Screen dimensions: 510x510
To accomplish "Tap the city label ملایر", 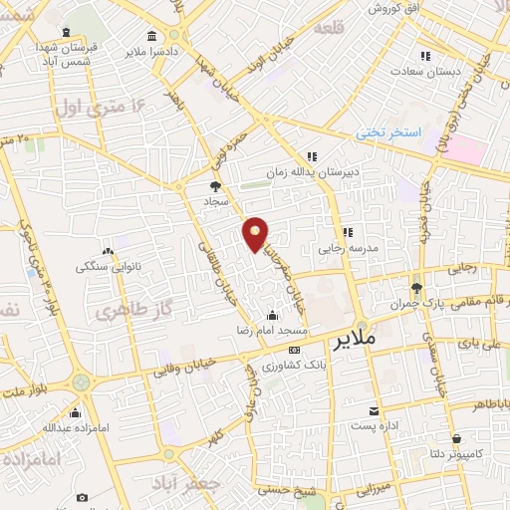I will click(355, 342).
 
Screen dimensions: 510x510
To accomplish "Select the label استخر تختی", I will click(392, 132).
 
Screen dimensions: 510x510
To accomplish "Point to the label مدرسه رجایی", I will click(344, 248).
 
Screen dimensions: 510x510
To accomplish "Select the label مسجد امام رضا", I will click(281, 329).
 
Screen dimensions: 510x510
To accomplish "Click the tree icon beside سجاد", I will click(215, 186).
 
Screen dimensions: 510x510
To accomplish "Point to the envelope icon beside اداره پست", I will click(374, 411).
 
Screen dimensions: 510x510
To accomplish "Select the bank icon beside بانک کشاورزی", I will click(294, 351).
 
